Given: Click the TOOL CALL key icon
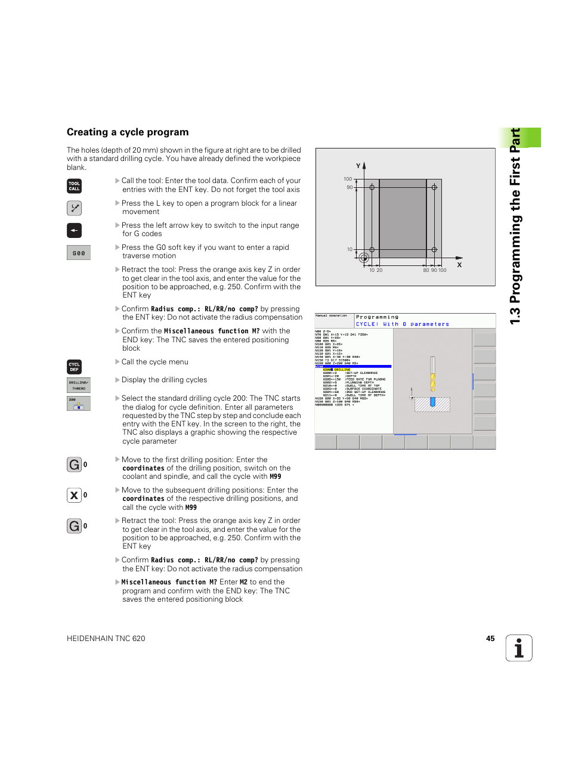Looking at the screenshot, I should point(74,186).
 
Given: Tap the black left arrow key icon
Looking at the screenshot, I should point(74,230).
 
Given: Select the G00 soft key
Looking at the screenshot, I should point(79,253).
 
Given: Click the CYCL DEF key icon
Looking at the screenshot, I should point(74,367).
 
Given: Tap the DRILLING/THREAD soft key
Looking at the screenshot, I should point(78,385).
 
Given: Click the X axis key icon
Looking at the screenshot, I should point(74,495).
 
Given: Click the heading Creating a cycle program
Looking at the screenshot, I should point(128,132).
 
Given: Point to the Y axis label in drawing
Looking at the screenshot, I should point(358,166).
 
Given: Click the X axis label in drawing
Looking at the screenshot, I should point(459,265).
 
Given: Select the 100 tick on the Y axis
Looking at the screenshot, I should point(348,179).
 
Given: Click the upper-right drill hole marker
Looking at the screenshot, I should point(434,187).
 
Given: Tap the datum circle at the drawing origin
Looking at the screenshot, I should point(364,258).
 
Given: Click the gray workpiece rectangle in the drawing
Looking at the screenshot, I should point(403,218).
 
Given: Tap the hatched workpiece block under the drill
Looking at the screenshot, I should point(432,405).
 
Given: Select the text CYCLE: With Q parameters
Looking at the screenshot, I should point(403,324).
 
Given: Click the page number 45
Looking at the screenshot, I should point(490,639).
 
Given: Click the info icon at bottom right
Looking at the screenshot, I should point(519,648).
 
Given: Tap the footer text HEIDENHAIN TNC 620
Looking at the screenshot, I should point(106,639).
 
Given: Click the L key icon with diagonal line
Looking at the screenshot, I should point(74,208).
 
